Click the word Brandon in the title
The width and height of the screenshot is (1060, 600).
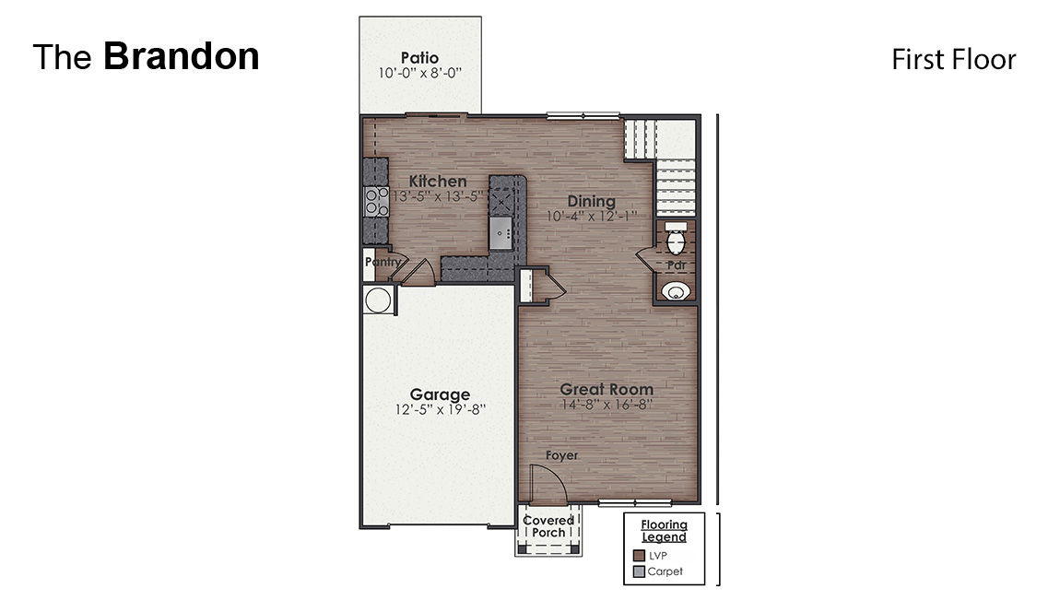181,57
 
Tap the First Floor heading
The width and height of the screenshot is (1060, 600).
953,60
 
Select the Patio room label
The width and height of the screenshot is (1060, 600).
419,58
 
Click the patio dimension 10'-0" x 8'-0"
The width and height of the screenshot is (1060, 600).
419,74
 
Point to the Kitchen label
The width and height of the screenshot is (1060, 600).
438,182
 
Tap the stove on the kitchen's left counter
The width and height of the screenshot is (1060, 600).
375,202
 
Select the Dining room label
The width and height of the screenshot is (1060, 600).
591,202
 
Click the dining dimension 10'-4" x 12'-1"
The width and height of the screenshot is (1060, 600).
591,217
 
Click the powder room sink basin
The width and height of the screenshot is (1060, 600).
677,292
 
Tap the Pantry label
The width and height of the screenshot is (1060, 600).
382,263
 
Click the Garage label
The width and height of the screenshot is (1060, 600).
440,394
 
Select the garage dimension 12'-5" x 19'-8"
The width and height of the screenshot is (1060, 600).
440,409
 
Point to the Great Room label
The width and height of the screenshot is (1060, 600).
607,389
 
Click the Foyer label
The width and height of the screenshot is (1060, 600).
561,455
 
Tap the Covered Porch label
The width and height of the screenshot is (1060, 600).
548,526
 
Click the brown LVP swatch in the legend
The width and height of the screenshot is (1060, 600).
639,556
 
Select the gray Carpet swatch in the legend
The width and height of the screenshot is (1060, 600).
639,571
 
